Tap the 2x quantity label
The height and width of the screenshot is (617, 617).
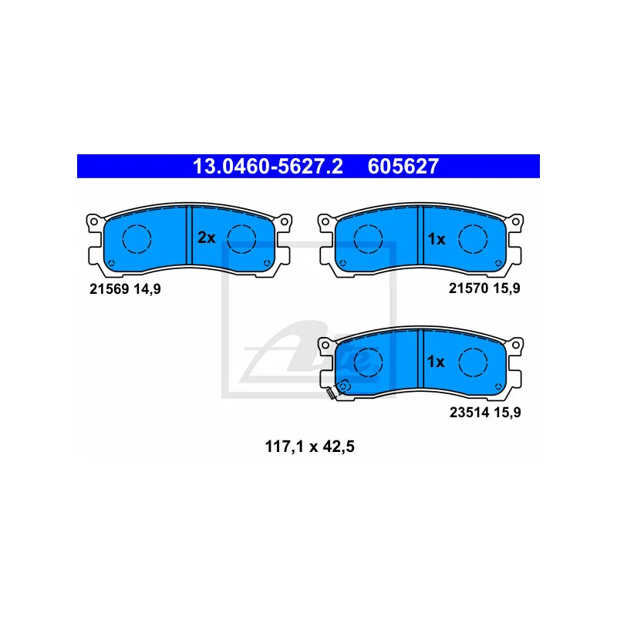click(206, 238)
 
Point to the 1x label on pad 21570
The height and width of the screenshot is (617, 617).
click(437, 239)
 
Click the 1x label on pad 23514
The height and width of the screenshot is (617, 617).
click(437, 361)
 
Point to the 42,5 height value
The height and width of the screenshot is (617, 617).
click(336, 445)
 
